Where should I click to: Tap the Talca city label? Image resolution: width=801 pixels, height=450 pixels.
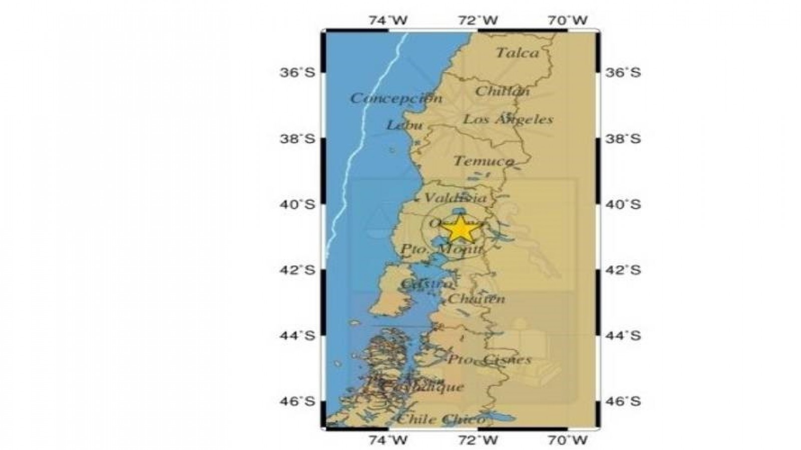tap(518, 53)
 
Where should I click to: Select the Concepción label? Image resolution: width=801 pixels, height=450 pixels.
tap(396, 98)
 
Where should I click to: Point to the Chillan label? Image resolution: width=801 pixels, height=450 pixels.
tap(502, 91)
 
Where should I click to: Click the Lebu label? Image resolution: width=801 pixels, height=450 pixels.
tap(405, 125)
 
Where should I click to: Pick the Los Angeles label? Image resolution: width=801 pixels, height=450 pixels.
tap(508, 119)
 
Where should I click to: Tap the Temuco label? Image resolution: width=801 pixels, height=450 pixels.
tap(484, 161)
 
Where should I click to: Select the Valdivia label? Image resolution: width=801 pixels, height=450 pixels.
tap(455, 197)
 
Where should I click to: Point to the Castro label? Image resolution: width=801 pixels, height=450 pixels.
tap(426, 284)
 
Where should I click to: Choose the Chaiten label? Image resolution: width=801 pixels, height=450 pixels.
tap(476, 299)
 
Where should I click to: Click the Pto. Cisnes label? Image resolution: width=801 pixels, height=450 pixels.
tap(489, 359)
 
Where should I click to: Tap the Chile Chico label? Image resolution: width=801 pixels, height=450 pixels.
tap(441, 419)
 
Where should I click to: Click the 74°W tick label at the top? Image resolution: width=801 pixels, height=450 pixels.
tap(388, 20)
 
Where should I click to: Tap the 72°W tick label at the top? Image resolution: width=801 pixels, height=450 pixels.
tap(478, 20)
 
